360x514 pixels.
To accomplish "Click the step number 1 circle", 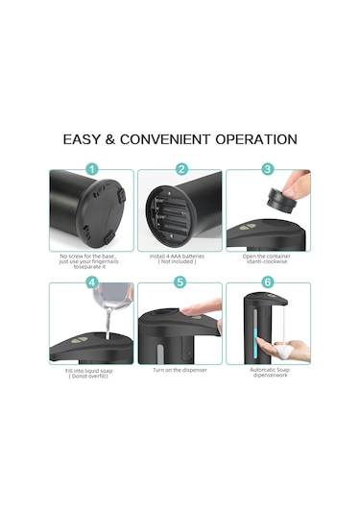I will [93, 169].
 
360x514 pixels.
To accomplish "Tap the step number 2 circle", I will [180, 169].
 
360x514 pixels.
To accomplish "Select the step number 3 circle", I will [268, 169].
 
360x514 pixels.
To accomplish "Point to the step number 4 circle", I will [93, 282].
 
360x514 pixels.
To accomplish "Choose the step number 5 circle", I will [180, 282].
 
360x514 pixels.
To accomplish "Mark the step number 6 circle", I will [268, 282].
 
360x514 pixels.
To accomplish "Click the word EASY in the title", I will [84, 139].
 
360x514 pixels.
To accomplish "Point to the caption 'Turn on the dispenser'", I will [180, 369].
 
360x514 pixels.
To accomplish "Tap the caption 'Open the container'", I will [268, 256].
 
